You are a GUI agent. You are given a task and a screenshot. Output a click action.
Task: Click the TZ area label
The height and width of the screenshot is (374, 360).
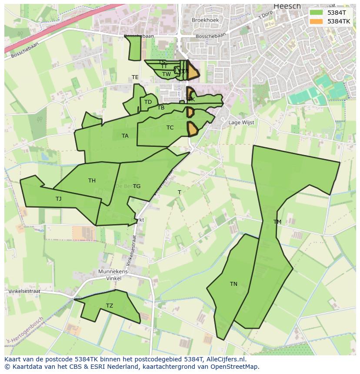(x=110, y=306)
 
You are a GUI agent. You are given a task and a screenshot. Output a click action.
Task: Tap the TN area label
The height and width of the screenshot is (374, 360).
(x=233, y=284)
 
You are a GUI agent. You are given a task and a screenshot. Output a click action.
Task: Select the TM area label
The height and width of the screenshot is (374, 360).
(x=277, y=222)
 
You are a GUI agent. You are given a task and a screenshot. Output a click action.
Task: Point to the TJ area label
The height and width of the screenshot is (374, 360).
(x=58, y=199)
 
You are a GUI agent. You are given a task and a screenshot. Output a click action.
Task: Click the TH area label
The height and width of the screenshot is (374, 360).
(x=92, y=181)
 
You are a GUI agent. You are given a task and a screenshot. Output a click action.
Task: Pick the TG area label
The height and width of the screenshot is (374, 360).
(x=137, y=186)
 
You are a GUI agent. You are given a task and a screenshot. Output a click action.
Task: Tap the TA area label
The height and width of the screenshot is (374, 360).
(x=125, y=136)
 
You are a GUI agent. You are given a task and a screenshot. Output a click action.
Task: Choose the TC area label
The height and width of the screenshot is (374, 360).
(x=170, y=128)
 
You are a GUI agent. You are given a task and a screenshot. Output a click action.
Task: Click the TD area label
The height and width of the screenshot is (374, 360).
(x=148, y=103)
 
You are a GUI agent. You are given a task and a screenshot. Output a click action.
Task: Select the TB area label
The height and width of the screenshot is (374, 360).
(x=161, y=108)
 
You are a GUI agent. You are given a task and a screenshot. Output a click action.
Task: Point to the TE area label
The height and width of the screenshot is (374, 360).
(x=135, y=77)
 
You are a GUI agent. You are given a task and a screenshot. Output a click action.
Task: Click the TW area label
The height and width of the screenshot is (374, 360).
(x=167, y=74)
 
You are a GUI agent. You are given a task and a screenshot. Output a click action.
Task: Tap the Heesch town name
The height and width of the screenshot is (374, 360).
(x=287, y=6)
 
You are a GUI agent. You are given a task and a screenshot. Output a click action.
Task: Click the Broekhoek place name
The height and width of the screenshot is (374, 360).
(x=205, y=20)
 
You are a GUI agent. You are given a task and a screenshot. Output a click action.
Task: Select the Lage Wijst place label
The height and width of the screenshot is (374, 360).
(x=241, y=122)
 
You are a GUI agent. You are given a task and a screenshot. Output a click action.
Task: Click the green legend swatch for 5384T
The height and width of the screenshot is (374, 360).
(x=317, y=13)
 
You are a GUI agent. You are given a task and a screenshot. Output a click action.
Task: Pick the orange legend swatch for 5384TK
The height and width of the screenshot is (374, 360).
(x=317, y=21)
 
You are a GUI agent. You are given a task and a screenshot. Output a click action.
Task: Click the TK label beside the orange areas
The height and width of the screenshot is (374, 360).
(x=191, y=99)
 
